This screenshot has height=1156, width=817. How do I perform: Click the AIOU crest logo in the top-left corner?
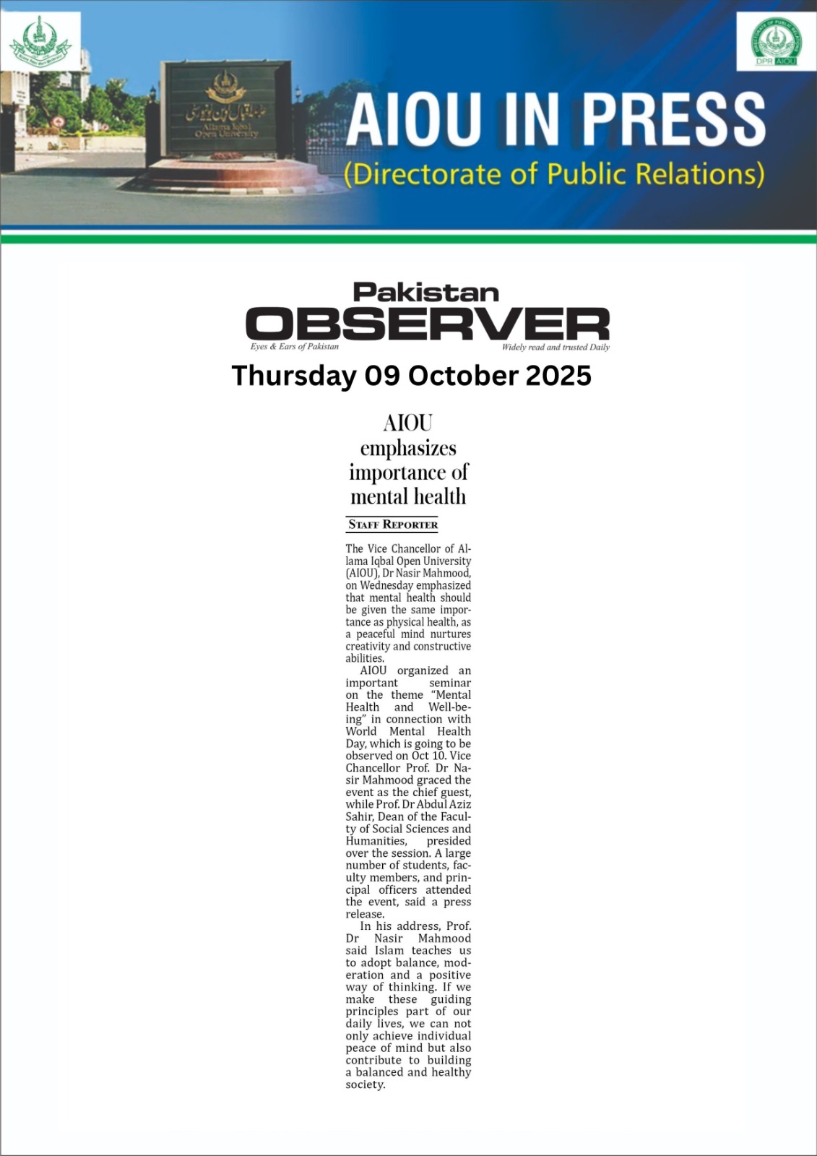40,42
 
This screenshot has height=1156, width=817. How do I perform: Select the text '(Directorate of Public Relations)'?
554,175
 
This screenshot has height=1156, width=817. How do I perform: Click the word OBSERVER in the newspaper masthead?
428,324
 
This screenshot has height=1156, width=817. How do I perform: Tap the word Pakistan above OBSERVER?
426,293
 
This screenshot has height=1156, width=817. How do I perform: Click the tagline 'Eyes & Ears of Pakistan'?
294,347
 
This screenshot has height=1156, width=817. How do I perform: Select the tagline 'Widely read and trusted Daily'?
556,348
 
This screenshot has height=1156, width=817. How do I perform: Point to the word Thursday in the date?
293,376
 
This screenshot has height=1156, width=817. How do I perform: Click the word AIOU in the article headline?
408,423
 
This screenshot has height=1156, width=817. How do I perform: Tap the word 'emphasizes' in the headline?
408,449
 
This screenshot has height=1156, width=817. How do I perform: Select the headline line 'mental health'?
408,497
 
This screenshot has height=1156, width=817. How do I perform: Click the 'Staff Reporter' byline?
393,525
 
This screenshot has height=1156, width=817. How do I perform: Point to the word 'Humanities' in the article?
376,841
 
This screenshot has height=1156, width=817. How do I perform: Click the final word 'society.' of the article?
366,1084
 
